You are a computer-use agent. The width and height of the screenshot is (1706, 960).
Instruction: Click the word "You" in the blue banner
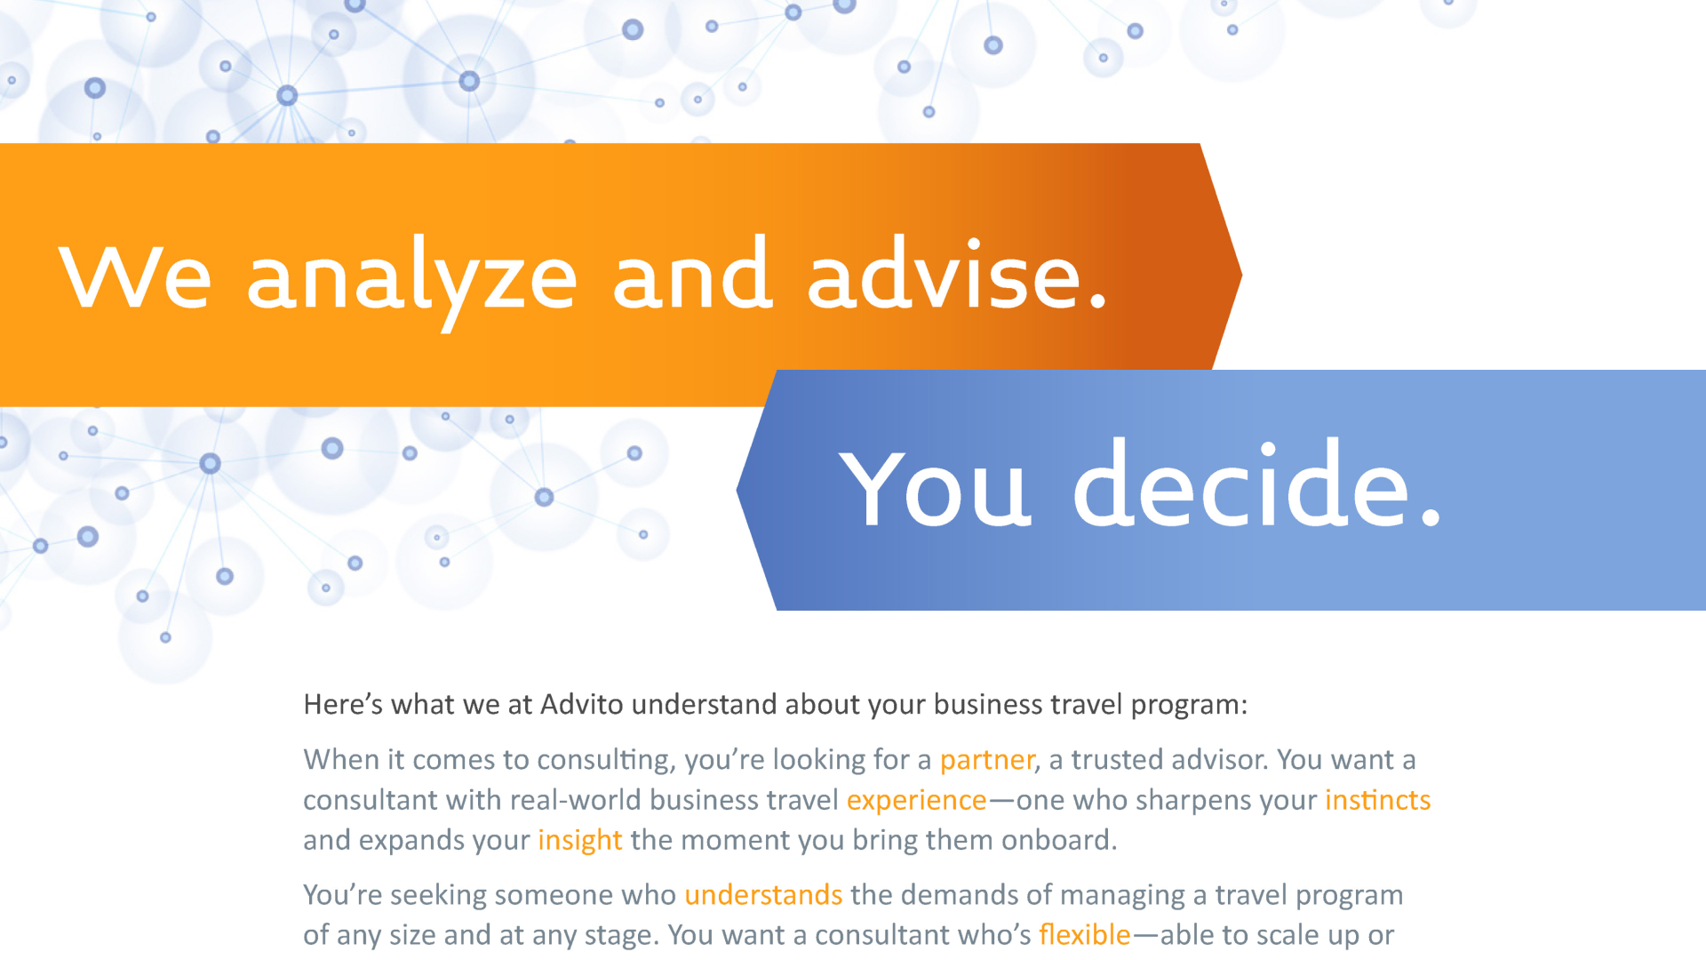(935, 487)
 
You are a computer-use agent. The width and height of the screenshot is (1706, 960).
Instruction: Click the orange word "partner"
(987, 760)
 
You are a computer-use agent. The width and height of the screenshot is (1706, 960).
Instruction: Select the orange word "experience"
(916, 801)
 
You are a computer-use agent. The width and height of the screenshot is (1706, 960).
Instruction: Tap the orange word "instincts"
(1377, 800)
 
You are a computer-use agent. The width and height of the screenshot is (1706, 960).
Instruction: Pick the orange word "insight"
(579, 841)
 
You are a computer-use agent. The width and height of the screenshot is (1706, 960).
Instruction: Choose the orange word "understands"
(763, 894)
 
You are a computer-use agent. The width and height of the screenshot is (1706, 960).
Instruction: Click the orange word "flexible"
(1084, 934)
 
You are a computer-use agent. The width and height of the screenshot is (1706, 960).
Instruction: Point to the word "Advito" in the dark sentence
(582, 704)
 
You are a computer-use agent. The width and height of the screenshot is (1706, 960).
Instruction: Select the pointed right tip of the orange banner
(1241, 275)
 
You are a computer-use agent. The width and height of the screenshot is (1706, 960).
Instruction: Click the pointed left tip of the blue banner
(737, 490)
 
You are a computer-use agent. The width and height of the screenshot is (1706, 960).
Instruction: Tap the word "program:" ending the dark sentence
(1189, 706)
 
